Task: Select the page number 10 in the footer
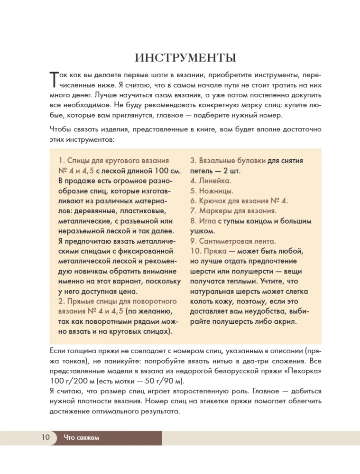click(x=45, y=438)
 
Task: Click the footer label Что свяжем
click(x=81, y=438)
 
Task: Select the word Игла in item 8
click(x=207, y=221)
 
